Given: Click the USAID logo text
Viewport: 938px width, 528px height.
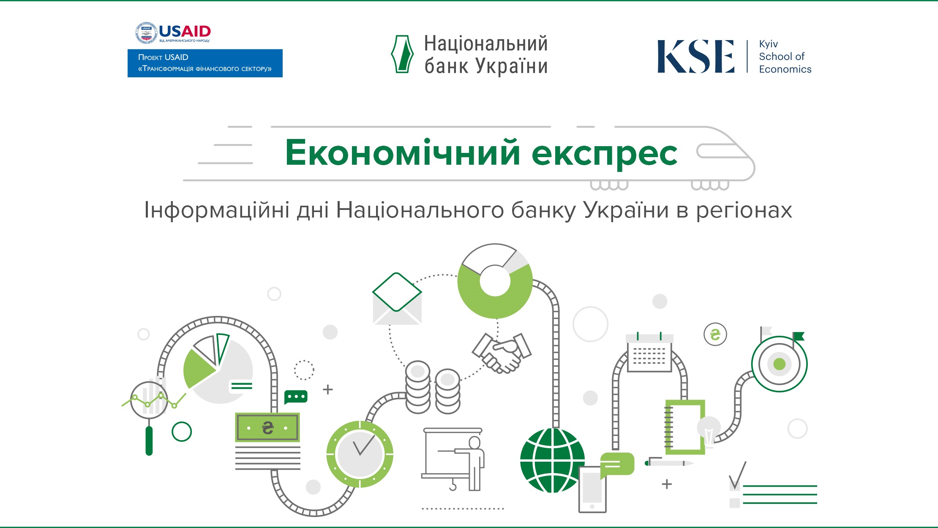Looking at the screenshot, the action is pos(185,31).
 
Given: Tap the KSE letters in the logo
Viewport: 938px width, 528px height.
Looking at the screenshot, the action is pos(696,56).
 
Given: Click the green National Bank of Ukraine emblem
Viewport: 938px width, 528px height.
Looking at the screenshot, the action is pos(402,54).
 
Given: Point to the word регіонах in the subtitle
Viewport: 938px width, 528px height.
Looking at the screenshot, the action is pos(744,211).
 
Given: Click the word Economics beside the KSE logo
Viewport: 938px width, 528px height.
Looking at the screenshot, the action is pos(785,69).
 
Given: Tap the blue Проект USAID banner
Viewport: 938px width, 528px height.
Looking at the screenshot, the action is pos(205,63).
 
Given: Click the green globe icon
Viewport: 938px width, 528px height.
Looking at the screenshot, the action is pos(552,460).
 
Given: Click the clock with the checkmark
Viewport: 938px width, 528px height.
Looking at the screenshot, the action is pos(360,454).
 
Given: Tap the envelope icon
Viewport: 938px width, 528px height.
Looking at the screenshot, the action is pos(397,299).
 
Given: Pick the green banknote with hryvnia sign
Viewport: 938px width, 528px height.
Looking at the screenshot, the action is pos(267,427).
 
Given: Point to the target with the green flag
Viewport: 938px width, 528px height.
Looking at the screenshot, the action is pos(780,362).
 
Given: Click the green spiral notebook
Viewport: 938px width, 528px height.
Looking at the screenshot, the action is pos(684,427).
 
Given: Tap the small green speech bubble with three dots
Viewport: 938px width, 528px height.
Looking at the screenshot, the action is pos(296,397).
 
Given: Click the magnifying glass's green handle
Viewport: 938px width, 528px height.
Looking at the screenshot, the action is pos(149,441).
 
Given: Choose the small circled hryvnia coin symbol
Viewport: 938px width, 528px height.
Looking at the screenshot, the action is pos(715,335).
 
